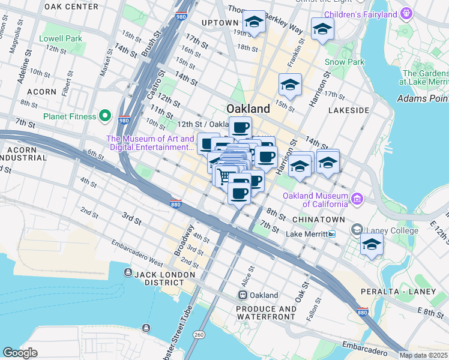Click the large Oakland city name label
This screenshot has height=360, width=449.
(248, 109)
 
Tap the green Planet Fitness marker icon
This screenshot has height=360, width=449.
(105, 115)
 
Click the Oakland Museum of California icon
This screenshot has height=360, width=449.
(357, 198)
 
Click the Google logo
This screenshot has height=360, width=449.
(20, 352)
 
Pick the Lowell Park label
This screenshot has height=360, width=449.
(60, 38)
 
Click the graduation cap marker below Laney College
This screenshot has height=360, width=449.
(372, 244)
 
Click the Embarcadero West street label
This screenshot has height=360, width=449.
(137, 253)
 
